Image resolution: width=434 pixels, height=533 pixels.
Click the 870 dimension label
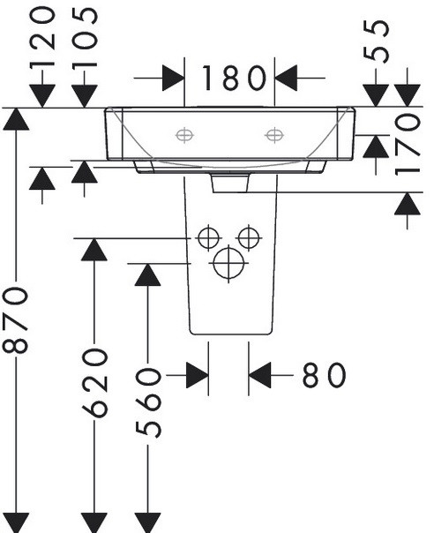[x=15, y=319]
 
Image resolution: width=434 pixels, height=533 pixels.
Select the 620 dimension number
[x=95, y=382]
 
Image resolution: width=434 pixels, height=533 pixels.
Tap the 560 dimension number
[x=148, y=402]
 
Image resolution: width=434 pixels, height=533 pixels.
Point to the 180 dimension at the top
[x=234, y=79]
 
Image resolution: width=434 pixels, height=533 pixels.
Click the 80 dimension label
[x=324, y=375]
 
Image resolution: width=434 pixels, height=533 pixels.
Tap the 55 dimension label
[x=376, y=41]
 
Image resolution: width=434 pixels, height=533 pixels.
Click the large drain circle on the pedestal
[x=228, y=263]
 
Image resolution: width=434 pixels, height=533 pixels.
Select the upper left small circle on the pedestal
[x=208, y=238]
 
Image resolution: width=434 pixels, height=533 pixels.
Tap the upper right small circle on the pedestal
[x=249, y=238]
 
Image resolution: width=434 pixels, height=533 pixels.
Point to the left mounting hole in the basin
[x=184, y=135]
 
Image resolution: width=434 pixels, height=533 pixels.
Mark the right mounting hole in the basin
[x=274, y=135]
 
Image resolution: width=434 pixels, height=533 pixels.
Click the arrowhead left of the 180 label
[x=173, y=79]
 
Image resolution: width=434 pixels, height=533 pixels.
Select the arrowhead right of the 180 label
[x=286, y=79]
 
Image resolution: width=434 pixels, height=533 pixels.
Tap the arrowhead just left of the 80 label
[x=259, y=375]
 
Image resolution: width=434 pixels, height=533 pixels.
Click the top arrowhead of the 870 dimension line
[x=16, y=119]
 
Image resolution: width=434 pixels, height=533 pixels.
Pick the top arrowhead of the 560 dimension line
[x=148, y=274]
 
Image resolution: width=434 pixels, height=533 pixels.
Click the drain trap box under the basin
[x=230, y=184]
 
